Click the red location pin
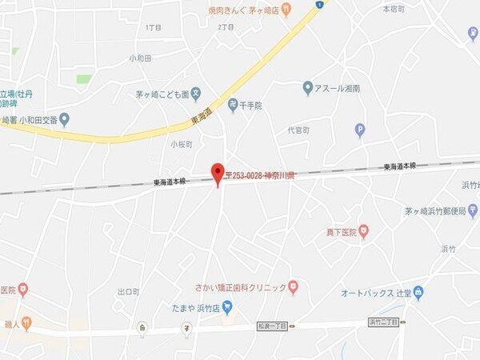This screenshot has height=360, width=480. click(x=218, y=173)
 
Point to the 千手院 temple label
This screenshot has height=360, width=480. click(x=252, y=105)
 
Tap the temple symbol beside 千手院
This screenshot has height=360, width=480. click(x=233, y=105)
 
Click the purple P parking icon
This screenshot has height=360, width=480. click(x=360, y=130)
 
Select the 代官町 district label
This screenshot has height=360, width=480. click(x=298, y=130)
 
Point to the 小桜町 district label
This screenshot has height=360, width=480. click(x=182, y=144)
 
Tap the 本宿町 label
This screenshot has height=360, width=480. click(x=394, y=9)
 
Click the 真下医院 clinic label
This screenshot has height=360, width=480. click(x=340, y=232)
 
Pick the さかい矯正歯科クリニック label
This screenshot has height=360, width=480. click(x=240, y=288)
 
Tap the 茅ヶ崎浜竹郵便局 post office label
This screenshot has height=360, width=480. click(x=435, y=211)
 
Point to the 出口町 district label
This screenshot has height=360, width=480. click(x=128, y=292)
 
